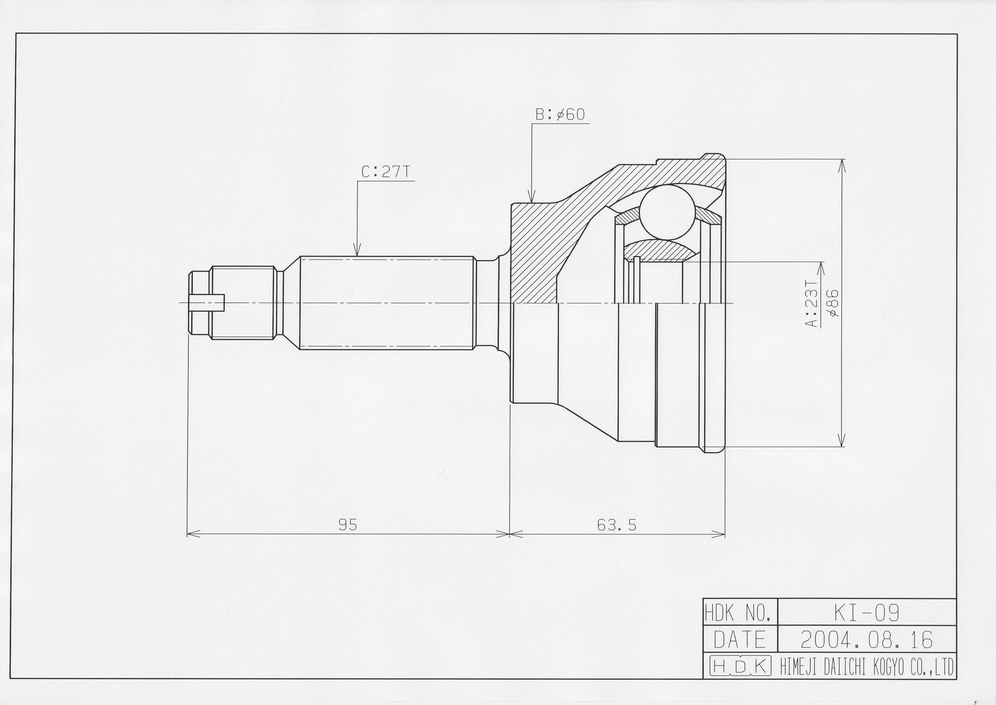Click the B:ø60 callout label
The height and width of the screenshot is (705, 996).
(x=560, y=115)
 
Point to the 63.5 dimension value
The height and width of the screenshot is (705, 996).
(x=616, y=525)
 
